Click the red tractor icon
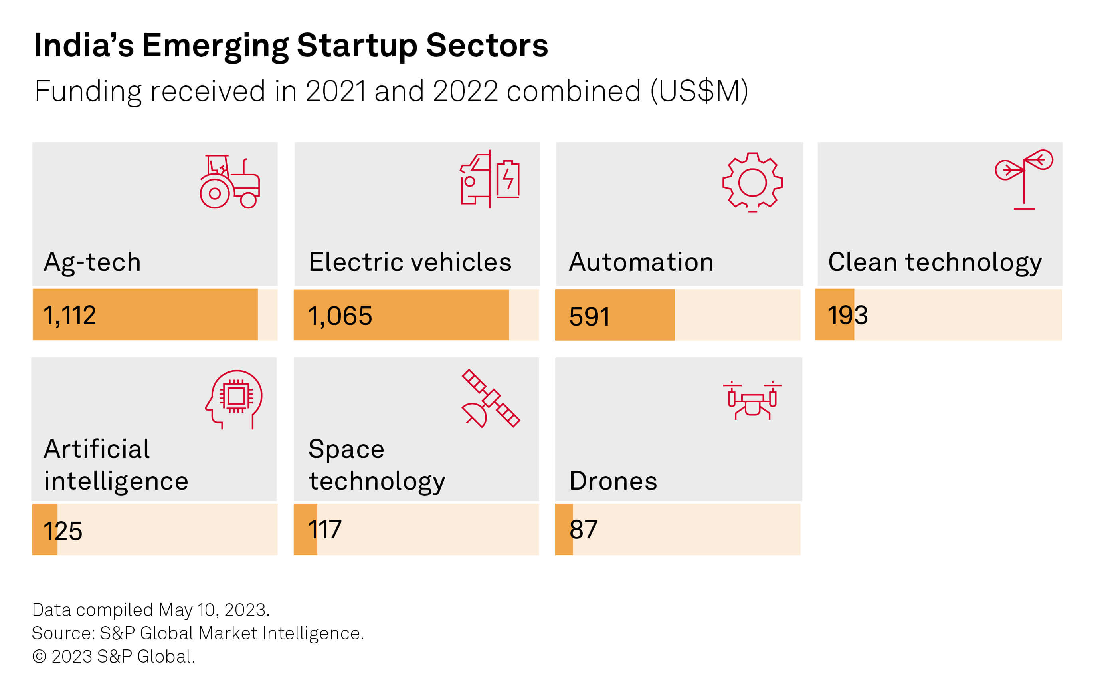point(229,182)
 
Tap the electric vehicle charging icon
point(490,179)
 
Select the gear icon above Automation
point(752,183)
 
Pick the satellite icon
point(491,398)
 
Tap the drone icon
point(752,400)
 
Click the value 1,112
point(70,315)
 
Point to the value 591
point(589,317)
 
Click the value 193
point(847,315)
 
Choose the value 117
point(324,530)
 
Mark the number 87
point(583,530)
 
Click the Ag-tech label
point(93,263)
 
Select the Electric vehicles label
point(410,262)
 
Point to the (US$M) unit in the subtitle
point(699,91)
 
